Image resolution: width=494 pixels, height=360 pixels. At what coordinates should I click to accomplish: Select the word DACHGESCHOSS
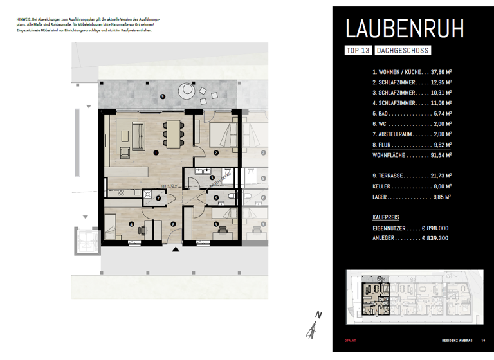click(x=403, y=50)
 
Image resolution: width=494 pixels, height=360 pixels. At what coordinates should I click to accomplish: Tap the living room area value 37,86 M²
click(x=434, y=73)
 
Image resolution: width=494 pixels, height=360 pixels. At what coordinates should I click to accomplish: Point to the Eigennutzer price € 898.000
click(x=434, y=228)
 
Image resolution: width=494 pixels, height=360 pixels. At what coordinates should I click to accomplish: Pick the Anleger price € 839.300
click(x=434, y=238)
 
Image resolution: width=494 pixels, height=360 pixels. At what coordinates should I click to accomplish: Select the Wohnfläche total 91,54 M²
click(x=434, y=155)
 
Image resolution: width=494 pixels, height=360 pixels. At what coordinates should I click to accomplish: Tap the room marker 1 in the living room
click(x=156, y=152)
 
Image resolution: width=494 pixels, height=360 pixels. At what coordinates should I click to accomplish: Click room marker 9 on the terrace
click(x=162, y=97)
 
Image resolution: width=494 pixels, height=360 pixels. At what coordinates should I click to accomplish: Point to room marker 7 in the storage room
click(x=158, y=198)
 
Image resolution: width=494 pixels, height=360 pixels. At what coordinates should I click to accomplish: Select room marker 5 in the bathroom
click(x=212, y=177)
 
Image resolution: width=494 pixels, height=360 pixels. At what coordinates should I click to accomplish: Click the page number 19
click(x=482, y=341)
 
